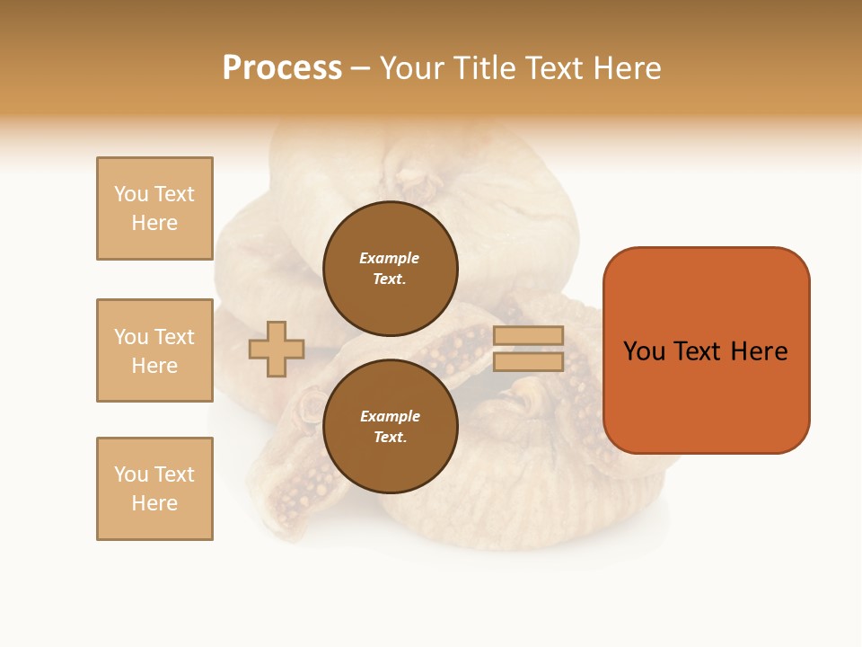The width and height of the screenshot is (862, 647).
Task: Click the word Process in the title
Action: (282, 68)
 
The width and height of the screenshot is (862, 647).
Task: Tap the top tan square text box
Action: (154, 208)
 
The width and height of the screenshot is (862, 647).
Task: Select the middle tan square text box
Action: (154, 350)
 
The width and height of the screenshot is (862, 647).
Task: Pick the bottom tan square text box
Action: (154, 489)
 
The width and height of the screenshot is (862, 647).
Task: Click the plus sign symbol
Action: (277, 349)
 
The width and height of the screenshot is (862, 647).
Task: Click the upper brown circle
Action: (390, 269)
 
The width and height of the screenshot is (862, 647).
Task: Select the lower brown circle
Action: (390, 427)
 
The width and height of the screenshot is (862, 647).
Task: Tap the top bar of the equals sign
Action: (528, 336)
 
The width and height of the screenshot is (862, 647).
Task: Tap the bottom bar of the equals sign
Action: (528, 361)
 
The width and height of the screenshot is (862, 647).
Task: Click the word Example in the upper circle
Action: (389, 258)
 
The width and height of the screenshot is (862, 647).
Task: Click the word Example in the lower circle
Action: (390, 416)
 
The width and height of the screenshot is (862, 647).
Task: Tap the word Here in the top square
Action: (154, 223)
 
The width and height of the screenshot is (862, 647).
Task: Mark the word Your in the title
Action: (412, 68)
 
